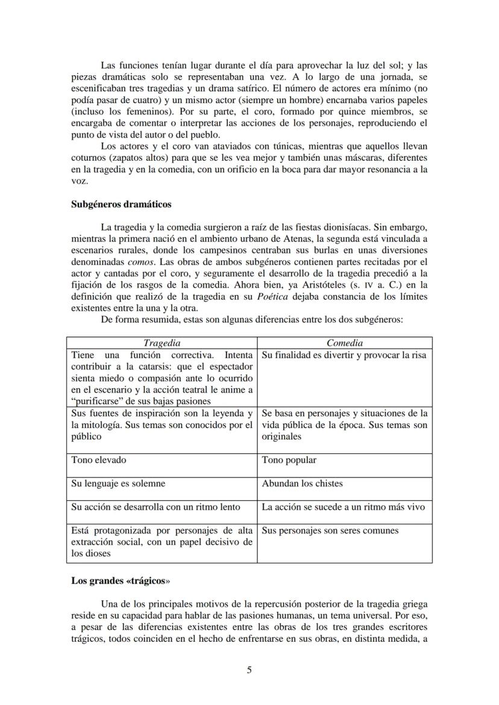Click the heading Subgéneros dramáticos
click(x=121, y=204)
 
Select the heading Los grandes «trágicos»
click(x=121, y=581)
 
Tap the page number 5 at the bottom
click(x=249, y=671)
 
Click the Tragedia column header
click(x=162, y=343)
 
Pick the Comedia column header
click(x=345, y=343)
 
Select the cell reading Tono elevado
click(x=99, y=460)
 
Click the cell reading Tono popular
click(x=289, y=460)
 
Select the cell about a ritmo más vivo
click(x=343, y=507)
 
